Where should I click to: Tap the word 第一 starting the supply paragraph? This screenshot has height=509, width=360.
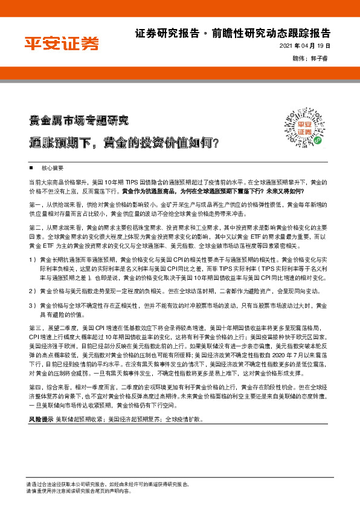coord(34,205)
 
